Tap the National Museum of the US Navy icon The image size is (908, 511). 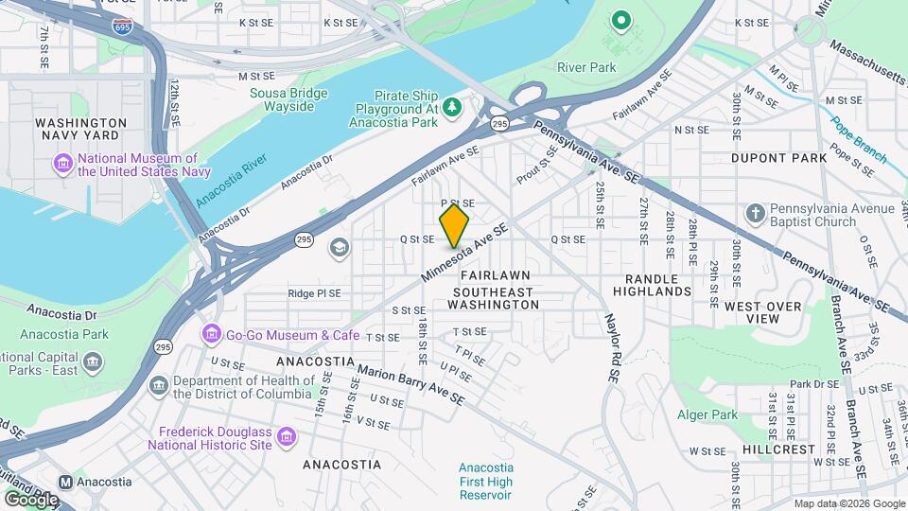click(63, 165)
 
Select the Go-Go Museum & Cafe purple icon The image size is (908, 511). click(210, 335)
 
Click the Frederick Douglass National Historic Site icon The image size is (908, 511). click(286, 437)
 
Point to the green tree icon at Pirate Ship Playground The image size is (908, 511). click(452, 108)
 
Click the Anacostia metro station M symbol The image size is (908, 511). click(66, 481)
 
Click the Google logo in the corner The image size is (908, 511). click(31, 499)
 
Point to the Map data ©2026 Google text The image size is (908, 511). click(848, 503)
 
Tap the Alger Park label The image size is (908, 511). click(707, 414)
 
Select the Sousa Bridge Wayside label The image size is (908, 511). click(288, 99)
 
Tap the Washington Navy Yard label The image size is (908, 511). click(80, 130)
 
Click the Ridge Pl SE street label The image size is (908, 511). click(314, 293)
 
